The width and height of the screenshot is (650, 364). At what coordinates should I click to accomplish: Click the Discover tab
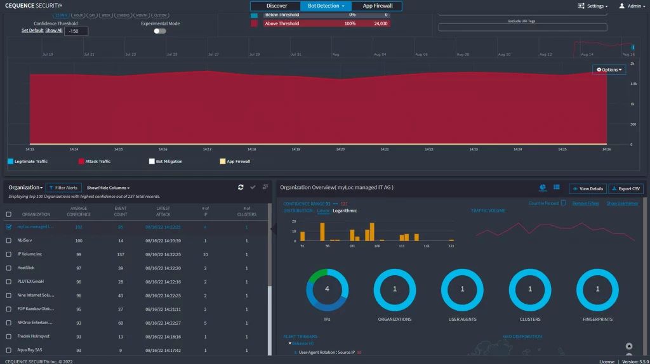pos(276,6)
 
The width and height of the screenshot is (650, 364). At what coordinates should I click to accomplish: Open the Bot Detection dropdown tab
pos(326,6)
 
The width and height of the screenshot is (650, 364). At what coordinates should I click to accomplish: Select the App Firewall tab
pos(378,6)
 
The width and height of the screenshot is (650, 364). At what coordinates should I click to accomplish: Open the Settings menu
pos(592,6)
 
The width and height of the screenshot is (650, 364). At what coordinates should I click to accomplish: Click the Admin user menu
pos(631,6)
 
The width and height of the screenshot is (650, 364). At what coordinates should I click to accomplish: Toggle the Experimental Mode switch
pos(160,30)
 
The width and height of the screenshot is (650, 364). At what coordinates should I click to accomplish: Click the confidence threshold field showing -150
pos(76,30)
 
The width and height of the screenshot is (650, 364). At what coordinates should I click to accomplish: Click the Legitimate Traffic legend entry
pos(27,162)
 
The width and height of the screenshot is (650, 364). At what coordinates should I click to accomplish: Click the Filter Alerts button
pos(63,188)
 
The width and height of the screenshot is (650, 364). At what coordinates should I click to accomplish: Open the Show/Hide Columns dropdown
pos(108,188)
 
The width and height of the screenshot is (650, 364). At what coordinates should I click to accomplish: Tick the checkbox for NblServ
pos(9,240)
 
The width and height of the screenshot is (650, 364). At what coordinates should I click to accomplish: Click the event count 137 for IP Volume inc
pos(120,254)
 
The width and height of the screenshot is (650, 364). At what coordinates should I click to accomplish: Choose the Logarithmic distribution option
pos(345,211)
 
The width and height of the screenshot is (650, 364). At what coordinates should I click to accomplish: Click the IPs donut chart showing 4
pos(327,289)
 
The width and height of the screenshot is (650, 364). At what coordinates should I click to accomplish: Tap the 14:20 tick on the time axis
pos(340,150)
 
